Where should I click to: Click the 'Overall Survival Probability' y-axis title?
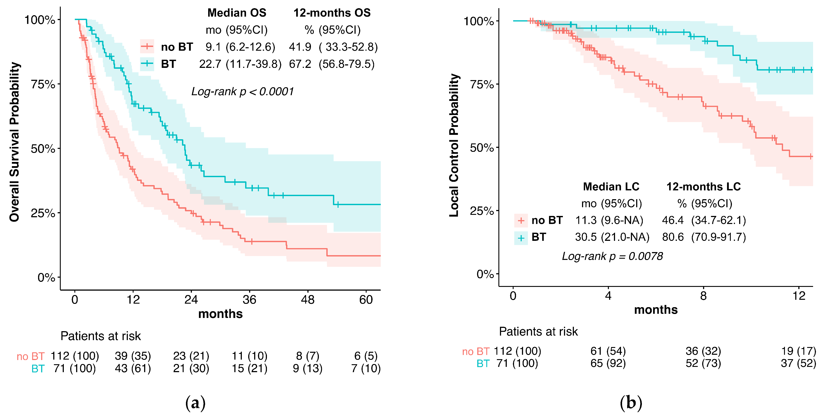coord(14,142)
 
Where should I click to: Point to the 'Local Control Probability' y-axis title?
coord(454,145)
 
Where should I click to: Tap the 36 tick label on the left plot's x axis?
coord(249,300)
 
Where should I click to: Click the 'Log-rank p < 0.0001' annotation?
coord(242,92)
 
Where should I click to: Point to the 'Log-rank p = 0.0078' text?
coord(612,256)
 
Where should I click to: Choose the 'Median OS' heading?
coord(237,13)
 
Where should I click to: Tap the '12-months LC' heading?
coord(703,187)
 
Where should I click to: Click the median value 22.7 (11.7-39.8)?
coord(240,64)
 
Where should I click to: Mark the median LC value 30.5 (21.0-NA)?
coord(612,237)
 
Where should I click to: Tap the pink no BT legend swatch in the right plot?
coord(521,220)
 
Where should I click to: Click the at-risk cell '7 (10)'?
coord(366,368)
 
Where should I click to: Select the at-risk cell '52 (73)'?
coord(703,363)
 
